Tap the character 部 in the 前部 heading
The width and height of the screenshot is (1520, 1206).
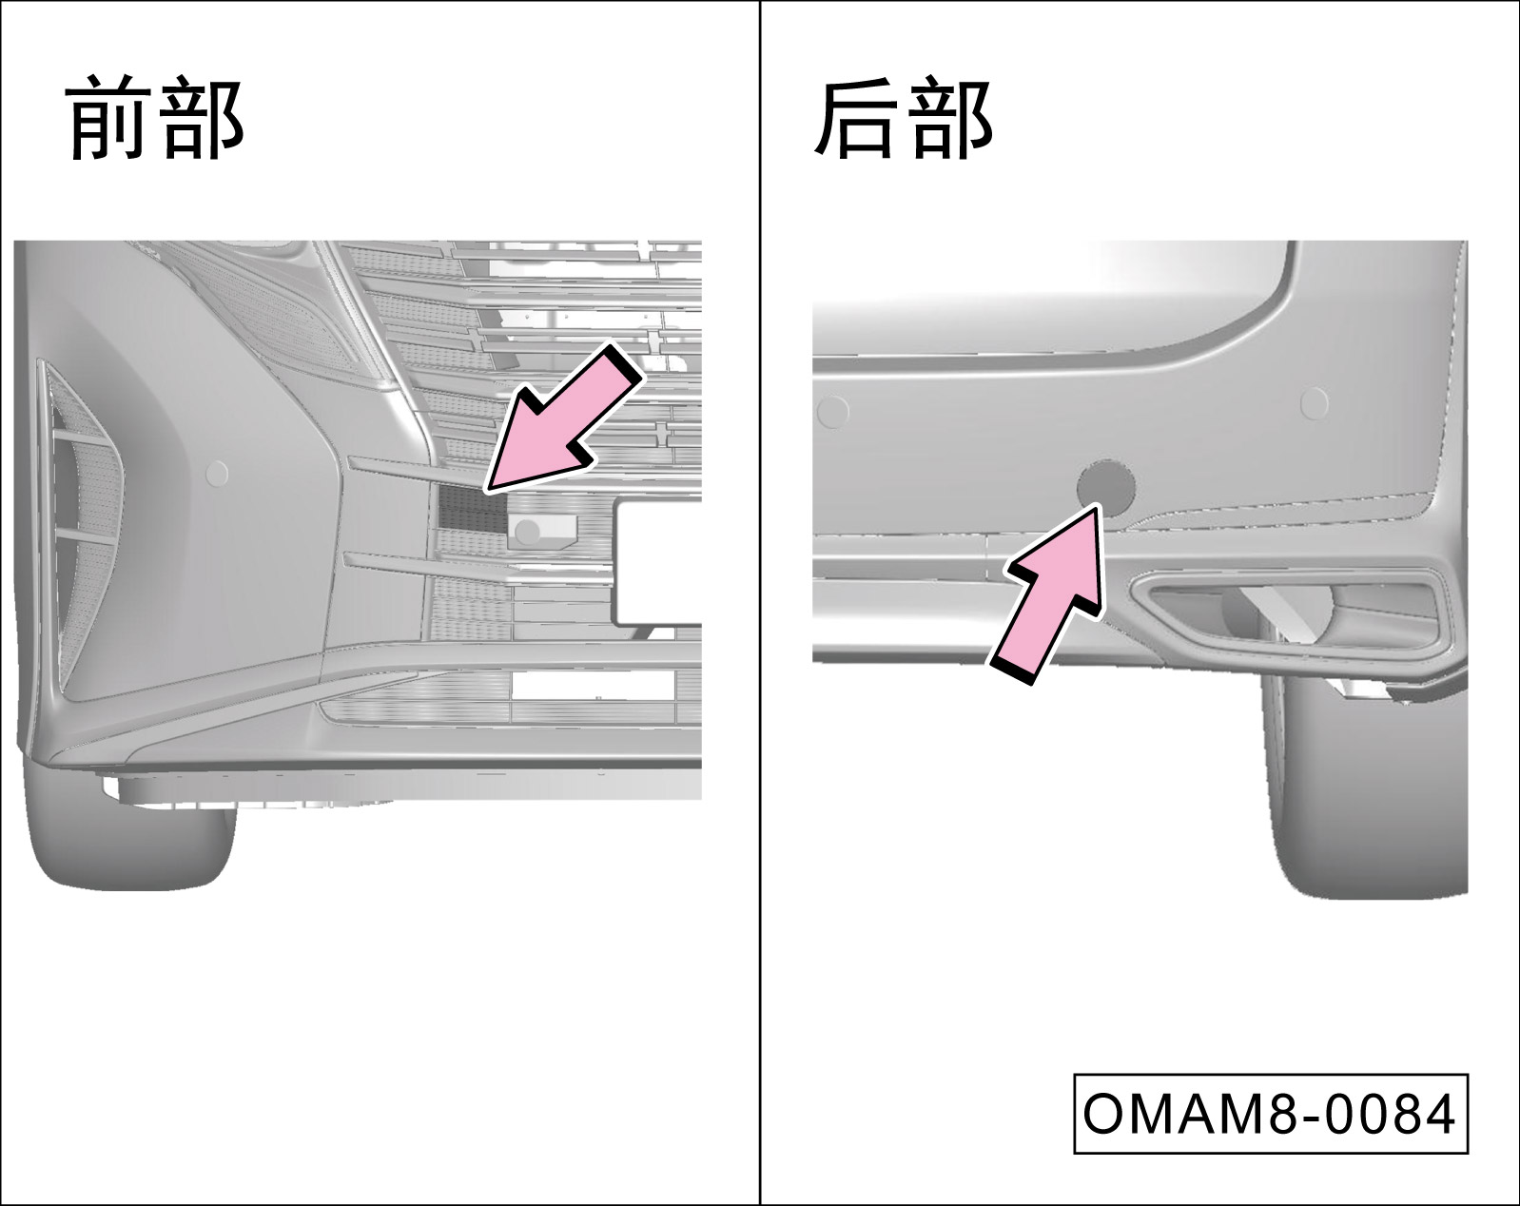click(202, 117)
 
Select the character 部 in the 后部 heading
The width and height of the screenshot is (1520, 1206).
click(951, 117)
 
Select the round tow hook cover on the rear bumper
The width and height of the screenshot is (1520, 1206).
click(1105, 488)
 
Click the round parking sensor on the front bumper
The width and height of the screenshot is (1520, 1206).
click(218, 474)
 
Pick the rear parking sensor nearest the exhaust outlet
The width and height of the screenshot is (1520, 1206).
click(1313, 403)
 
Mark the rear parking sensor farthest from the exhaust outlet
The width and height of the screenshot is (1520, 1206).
click(831, 412)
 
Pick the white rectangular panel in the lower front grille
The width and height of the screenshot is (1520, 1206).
click(592, 686)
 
